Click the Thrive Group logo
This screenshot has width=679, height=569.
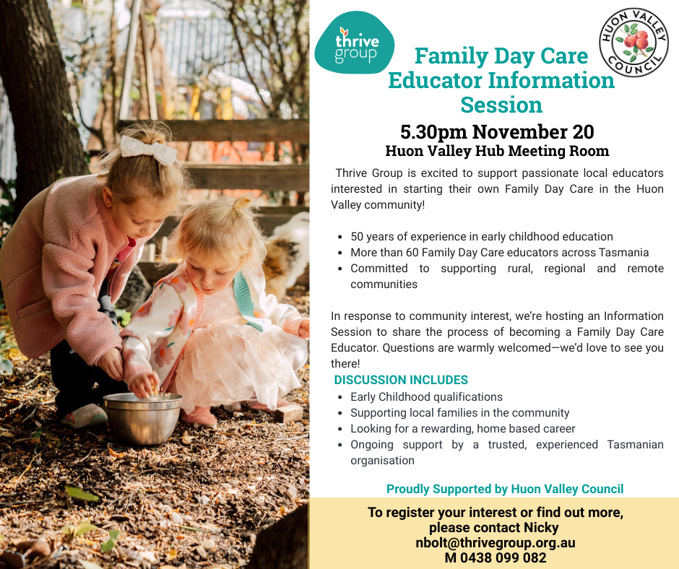click(x=355, y=43)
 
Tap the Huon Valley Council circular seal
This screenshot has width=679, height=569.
click(x=634, y=43)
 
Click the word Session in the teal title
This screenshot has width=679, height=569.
click(x=501, y=105)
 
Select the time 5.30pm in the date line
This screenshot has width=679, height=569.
click(x=433, y=132)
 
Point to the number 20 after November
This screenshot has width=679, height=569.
click(x=583, y=131)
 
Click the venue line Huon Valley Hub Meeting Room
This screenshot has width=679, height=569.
click(x=497, y=151)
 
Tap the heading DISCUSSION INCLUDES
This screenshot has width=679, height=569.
click(x=401, y=380)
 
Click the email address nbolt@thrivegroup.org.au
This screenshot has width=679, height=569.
click(x=496, y=542)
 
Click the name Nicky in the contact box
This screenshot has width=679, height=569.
click(x=541, y=527)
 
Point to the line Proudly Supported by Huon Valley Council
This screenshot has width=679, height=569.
click(x=505, y=489)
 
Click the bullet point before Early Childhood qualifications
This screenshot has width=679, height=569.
click(x=341, y=398)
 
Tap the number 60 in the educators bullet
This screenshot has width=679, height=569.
click(x=412, y=253)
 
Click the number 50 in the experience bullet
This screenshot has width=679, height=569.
click(x=357, y=236)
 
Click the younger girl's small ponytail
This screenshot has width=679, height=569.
click(x=241, y=204)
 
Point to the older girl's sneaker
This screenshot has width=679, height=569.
click(x=84, y=415)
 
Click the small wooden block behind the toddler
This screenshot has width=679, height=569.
click(x=289, y=414)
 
